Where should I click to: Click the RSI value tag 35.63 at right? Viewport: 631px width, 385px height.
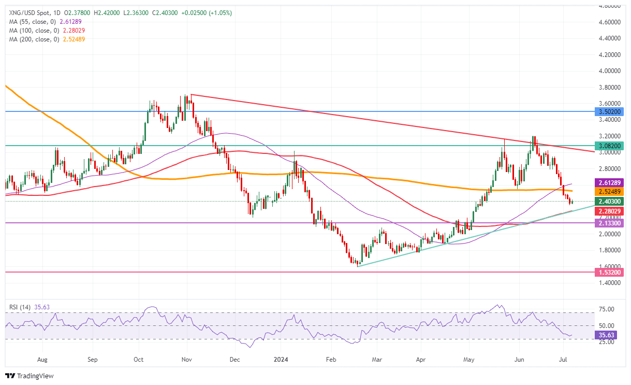(607, 335)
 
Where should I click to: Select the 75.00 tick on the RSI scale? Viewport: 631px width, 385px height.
(606, 309)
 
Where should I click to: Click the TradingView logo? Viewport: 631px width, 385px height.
(30, 376)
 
